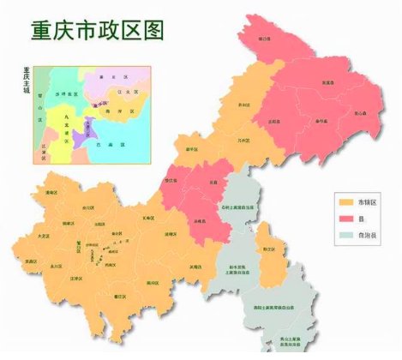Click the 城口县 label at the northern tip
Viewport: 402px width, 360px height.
point(265,39)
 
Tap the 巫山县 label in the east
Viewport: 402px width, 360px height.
point(363,112)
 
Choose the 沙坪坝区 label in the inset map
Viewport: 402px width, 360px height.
point(64,92)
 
